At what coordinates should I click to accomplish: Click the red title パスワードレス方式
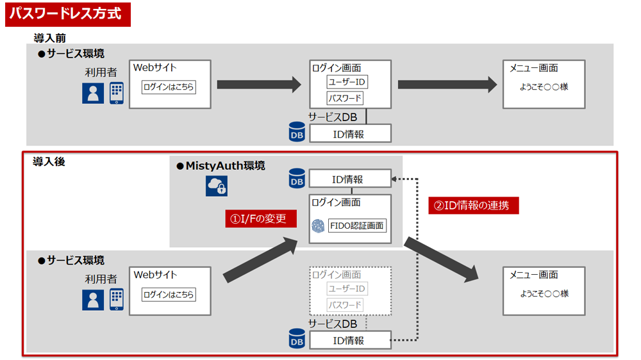tap(67, 14)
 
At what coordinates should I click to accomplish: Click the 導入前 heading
tap(49, 38)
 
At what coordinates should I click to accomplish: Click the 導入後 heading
tap(49, 162)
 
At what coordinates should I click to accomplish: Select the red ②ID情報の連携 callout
tap(473, 206)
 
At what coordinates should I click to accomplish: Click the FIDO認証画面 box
tap(357, 225)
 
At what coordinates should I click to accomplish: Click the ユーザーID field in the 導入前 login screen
tap(347, 82)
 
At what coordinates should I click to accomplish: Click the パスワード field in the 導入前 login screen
tap(345, 99)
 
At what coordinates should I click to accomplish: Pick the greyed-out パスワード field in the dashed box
tap(345, 305)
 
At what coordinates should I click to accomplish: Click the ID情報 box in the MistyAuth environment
tap(350, 179)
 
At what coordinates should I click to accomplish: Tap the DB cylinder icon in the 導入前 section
tap(297, 133)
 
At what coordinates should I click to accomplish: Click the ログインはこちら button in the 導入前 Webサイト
tap(169, 87)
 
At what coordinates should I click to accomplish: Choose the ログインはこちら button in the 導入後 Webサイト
tap(169, 295)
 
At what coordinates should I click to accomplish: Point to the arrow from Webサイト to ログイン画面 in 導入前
tap(259, 85)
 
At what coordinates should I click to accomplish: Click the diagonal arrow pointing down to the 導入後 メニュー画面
tap(442, 259)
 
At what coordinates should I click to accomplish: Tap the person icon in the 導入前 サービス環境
tap(93, 94)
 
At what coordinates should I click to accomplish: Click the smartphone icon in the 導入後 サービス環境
tap(116, 299)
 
